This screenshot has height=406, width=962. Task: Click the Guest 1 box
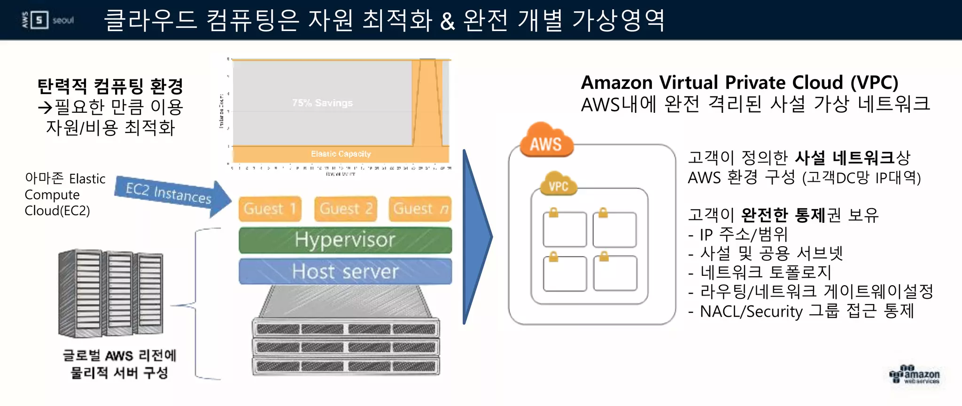[x=270, y=209]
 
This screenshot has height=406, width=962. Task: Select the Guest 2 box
[x=346, y=209]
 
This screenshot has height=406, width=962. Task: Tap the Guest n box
[x=420, y=209]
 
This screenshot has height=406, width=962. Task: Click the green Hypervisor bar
[x=345, y=240]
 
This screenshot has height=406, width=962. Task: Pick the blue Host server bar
[x=345, y=272]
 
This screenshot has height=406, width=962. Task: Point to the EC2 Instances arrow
[x=171, y=195]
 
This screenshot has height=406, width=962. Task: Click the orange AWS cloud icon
[x=546, y=141]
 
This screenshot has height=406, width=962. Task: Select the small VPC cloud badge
[x=559, y=185]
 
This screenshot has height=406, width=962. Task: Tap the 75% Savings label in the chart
[x=322, y=103]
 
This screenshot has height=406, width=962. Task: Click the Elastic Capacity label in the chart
[x=341, y=154]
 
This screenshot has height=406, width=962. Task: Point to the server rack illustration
[x=111, y=293]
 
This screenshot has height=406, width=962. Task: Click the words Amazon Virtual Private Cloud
[x=714, y=83]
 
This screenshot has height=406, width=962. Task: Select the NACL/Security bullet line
[x=801, y=311]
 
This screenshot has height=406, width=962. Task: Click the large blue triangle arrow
[x=476, y=237]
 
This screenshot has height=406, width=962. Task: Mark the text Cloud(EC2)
[x=57, y=211]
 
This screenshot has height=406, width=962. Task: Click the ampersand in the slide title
[x=447, y=21]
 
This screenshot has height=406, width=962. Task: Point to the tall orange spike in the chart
[x=427, y=103]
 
